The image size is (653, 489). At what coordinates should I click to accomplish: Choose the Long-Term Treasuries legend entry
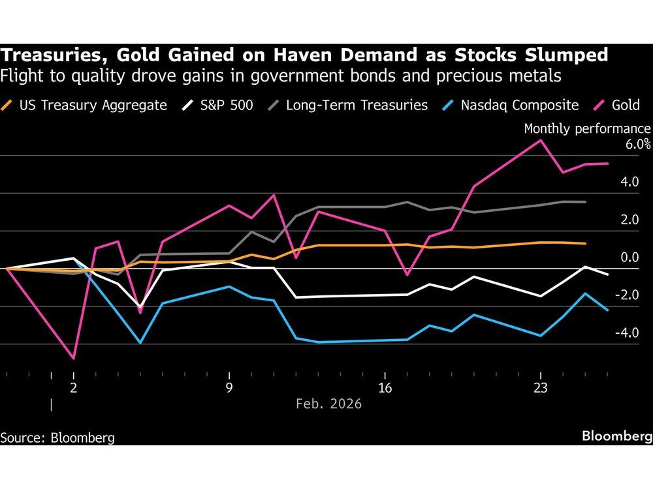[349, 104]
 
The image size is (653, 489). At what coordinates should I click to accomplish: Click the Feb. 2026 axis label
[328, 404]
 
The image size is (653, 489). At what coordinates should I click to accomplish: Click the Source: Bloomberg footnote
[57, 437]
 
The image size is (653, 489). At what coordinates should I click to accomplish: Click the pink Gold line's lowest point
[74, 359]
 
